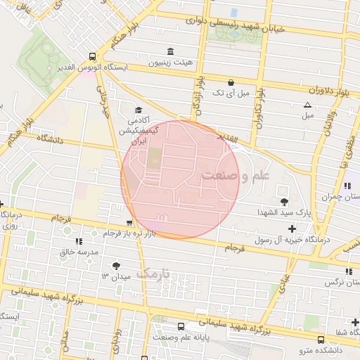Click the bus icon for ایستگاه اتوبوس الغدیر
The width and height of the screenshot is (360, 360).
click(x=92, y=56)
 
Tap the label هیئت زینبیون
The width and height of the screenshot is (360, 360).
click(x=169, y=63)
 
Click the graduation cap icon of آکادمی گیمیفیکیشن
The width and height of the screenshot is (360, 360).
click(x=139, y=110)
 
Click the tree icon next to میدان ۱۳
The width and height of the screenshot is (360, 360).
click(x=115, y=266)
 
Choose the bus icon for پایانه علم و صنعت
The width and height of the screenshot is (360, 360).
click(x=181, y=326)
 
